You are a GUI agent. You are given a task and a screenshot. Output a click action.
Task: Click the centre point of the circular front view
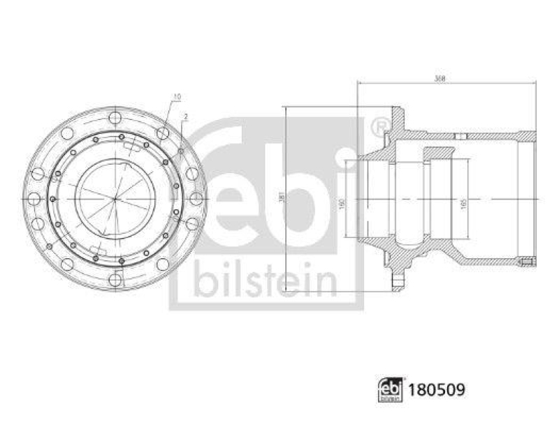point(115,198)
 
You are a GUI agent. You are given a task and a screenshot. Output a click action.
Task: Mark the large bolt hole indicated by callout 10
point(163,133)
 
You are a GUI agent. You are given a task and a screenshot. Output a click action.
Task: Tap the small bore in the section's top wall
point(458,136)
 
